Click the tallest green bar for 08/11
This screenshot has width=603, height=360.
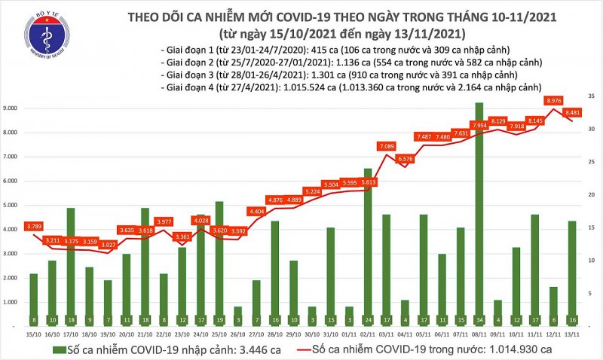(479, 211)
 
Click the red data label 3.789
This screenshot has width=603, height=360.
(34, 225)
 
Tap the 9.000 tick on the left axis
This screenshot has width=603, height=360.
(14, 108)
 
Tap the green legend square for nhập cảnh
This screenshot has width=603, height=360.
(58, 349)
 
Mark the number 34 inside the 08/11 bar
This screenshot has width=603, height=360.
(479, 319)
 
